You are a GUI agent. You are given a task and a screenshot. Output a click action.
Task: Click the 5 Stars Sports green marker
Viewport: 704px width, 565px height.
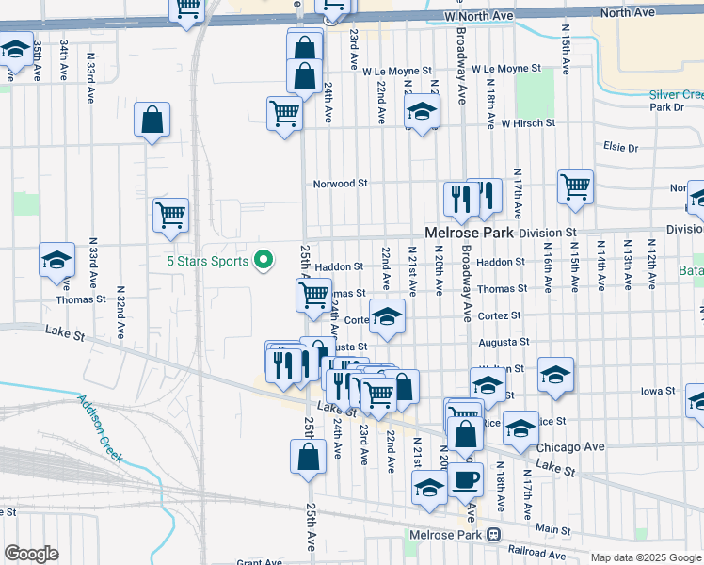click(x=264, y=260)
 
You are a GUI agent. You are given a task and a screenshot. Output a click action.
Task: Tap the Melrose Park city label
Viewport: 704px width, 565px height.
click(x=466, y=232)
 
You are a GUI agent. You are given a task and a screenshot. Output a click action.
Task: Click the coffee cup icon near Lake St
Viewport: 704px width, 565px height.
click(x=464, y=479)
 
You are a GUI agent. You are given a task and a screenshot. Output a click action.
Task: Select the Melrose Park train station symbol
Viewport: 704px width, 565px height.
click(x=493, y=535)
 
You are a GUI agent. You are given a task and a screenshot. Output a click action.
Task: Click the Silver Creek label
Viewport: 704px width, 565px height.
click(x=676, y=95)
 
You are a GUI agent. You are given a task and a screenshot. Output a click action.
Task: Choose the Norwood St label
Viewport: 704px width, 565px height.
click(x=340, y=184)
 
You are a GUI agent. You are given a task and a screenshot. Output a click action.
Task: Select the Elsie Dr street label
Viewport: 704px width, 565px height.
click(x=620, y=148)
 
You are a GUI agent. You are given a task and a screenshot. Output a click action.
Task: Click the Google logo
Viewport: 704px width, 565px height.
click(x=31, y=554)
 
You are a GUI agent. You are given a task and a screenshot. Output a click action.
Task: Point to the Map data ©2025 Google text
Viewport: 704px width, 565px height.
click(x=646, y=557)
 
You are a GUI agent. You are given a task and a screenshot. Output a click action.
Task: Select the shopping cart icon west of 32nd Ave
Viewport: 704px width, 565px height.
click(x=170, y=215)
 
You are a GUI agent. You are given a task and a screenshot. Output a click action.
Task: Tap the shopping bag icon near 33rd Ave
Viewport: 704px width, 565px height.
click(x=152, y=120)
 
